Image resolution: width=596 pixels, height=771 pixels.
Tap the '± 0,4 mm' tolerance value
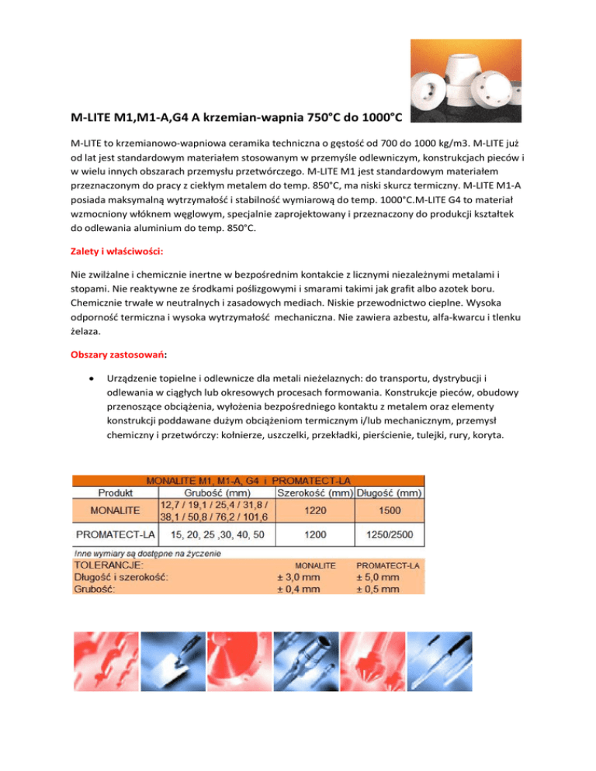coord(298,589)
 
